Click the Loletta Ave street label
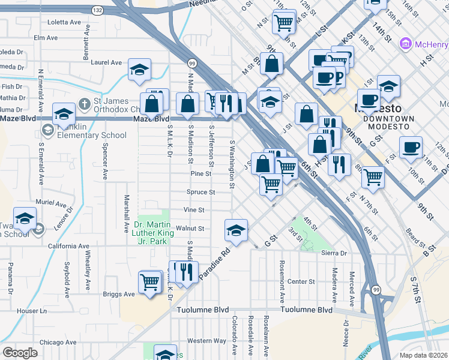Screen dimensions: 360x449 pyautogui.click(x=64, y=22)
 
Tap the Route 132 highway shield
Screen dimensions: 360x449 pyautogui.click(x=97, y=11)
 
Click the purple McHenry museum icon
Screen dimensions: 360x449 pyautogui.click(x=406, y=44)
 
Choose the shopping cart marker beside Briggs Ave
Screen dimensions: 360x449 pyautogui.click(x=149, y=281)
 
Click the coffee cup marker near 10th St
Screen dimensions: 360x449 pyautogui.click(x=411, y=147)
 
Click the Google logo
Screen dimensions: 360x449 pyautogui.click(x=20, y=353)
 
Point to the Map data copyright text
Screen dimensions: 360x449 pyautogui.click(x=424, y=355)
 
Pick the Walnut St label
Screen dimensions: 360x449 pyautogui.click(x=193, y=229)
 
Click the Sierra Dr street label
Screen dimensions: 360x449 pyautogui.click(x=335, y=253)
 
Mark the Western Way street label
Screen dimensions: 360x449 pyautogui.click(x=206, y=341)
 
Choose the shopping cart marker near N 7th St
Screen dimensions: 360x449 pyautogui.click(x=373, y=177)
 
